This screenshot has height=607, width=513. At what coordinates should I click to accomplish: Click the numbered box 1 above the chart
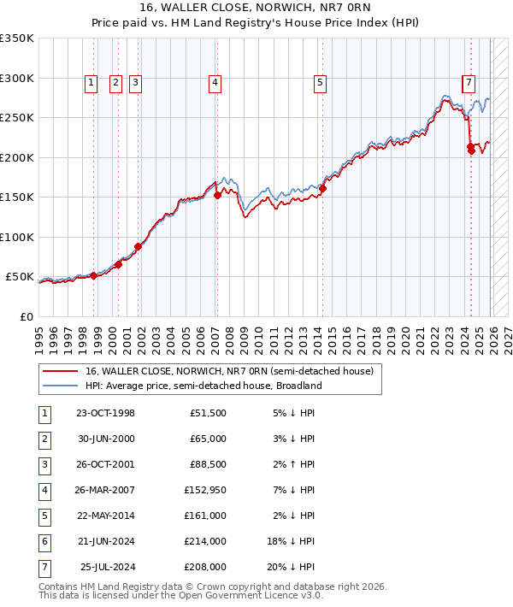point(91,83)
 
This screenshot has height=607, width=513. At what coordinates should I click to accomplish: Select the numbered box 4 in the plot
point(215,83)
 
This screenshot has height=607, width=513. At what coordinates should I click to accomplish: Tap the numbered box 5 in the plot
point(320,83)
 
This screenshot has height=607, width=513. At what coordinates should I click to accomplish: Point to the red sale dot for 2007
point(217,195)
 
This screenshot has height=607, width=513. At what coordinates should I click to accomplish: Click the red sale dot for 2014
point(323,189)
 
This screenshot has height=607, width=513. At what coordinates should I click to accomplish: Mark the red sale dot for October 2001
point(138,246)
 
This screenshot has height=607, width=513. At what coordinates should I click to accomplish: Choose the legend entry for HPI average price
point(203,386)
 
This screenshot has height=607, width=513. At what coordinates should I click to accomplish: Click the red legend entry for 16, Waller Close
point(229,371)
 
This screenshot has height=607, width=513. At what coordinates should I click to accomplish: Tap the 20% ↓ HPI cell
point(294,567)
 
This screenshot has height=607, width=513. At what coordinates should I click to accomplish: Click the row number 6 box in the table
point(43,541)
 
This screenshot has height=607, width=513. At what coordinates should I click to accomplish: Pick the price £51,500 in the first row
point(208,413)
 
